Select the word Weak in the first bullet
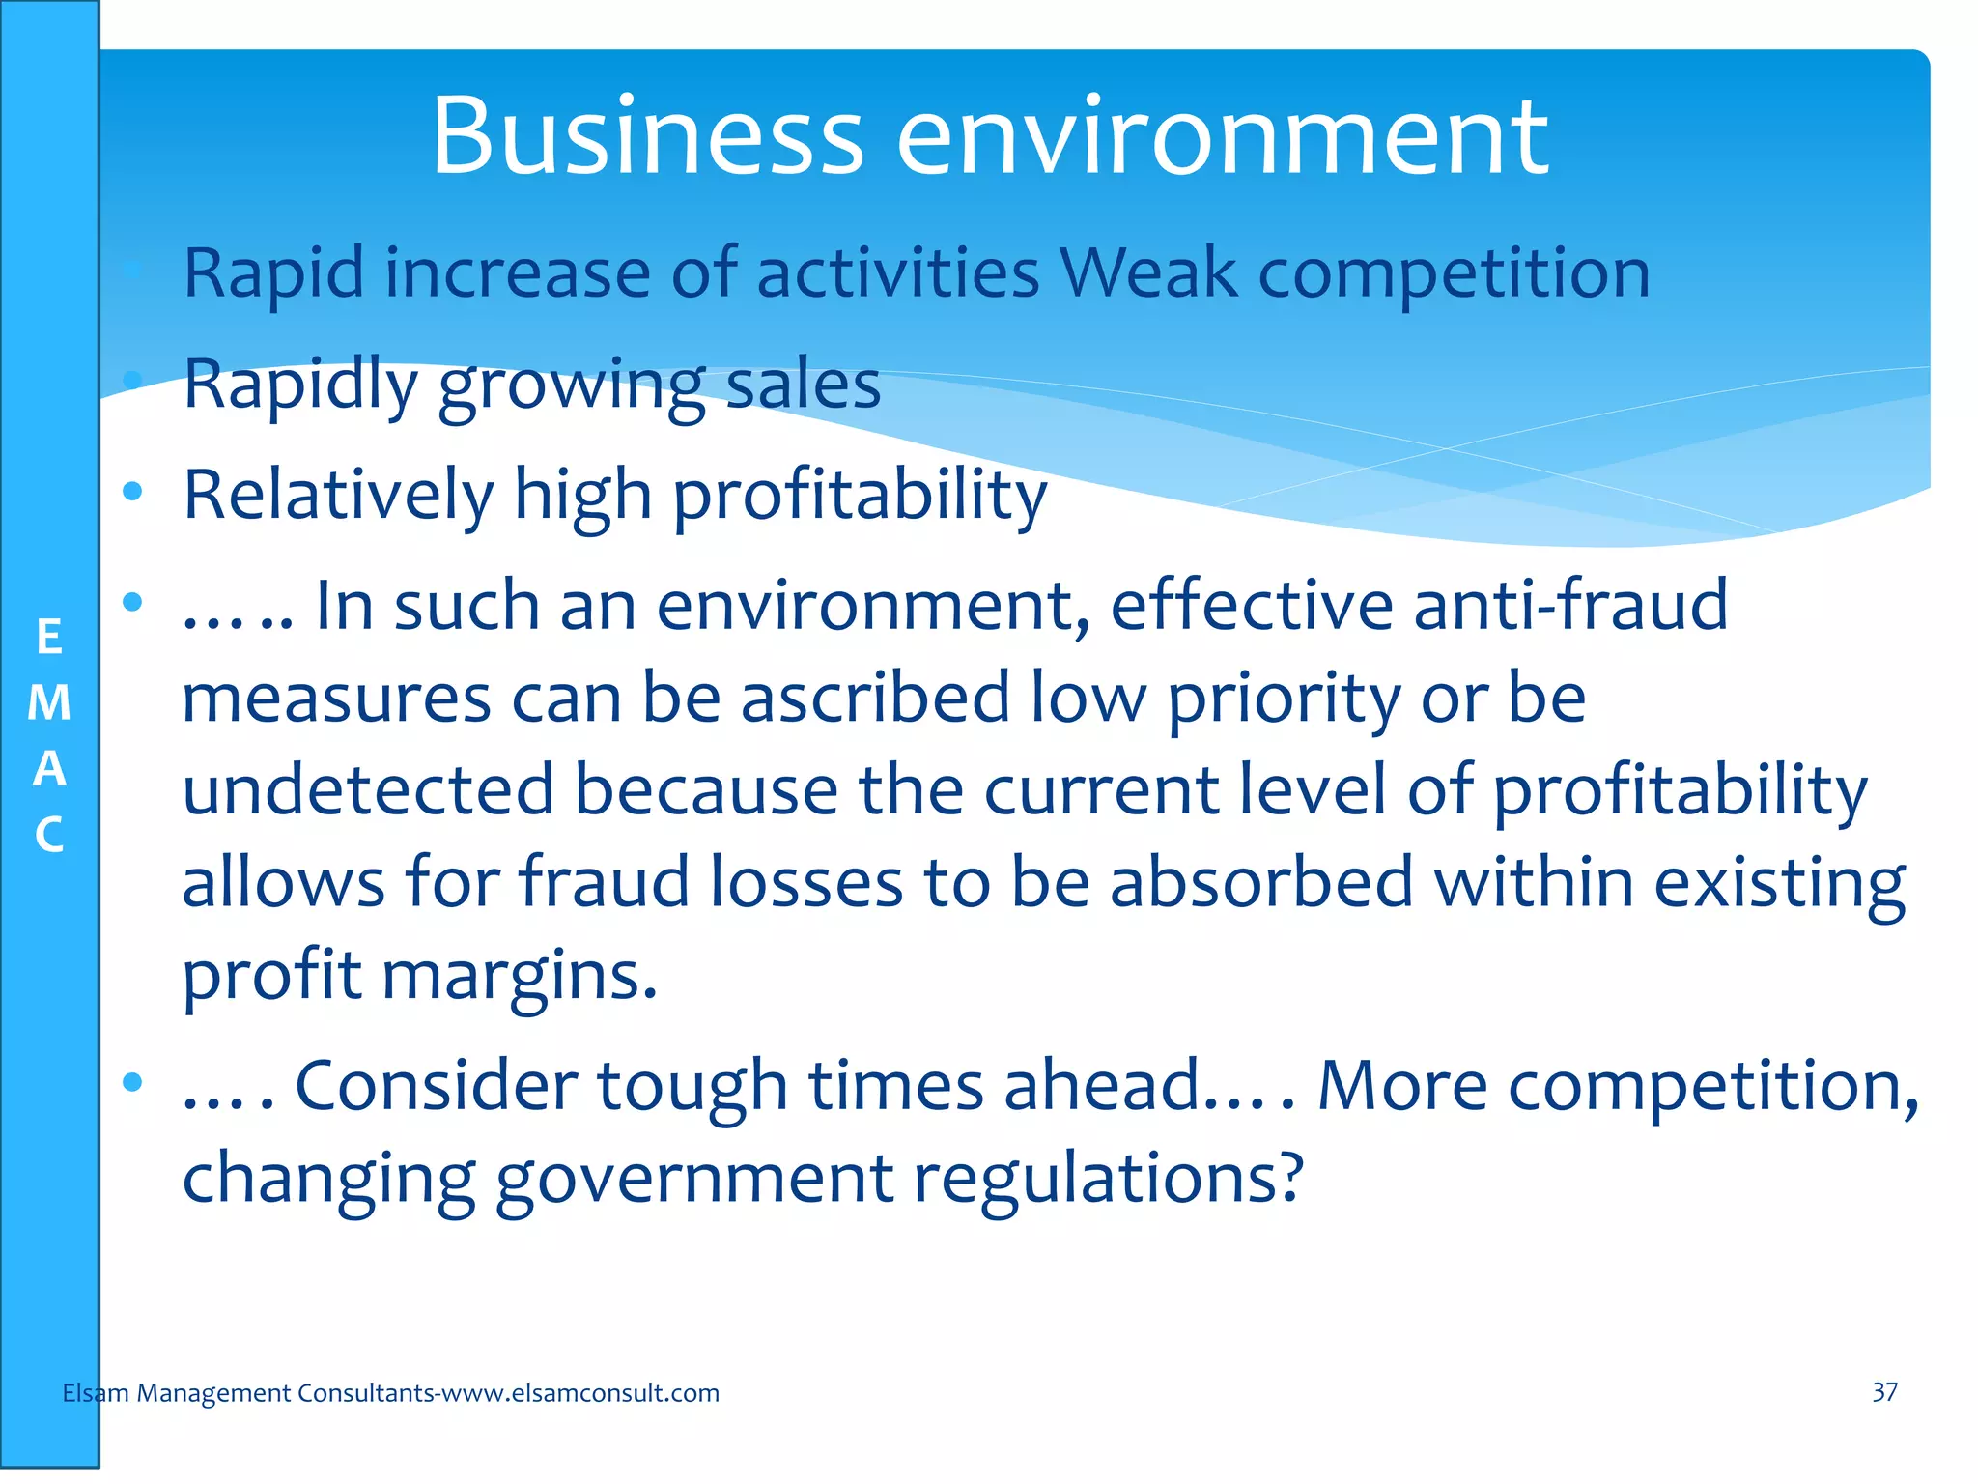pyautogui.click(x=1148, y=272)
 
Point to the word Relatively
pyautogui.click(x=338, y=495)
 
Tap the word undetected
pyautogui.click(x=368, y=789)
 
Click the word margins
pyautogui.click(x=520, y=976)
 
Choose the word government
pyautogui.click(x=694, y=1179)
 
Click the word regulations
pyautogui.click(x=1108, y=1179)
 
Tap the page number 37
pyautogui.click(x=1884, y=1392)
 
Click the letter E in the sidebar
pyautogui.click(x=49, y=638)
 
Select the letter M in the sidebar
pyautogui.click(x=49, y=703)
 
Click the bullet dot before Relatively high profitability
pyautogui.click(x=132, y=492)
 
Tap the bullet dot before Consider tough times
pyautogui.click(x=132, y=1081)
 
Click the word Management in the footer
pyautogui.click(x=213, y=1393)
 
